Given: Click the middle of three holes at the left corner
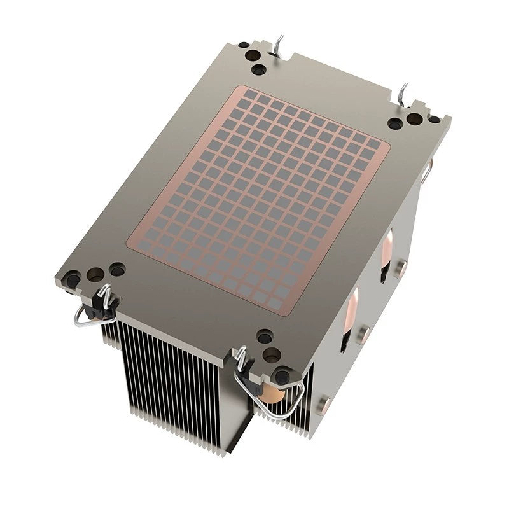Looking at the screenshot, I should (x=95, y=274).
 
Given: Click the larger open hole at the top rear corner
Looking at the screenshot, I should (x=258, y=69).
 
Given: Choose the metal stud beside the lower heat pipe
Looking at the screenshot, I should (x=363, y=333).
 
